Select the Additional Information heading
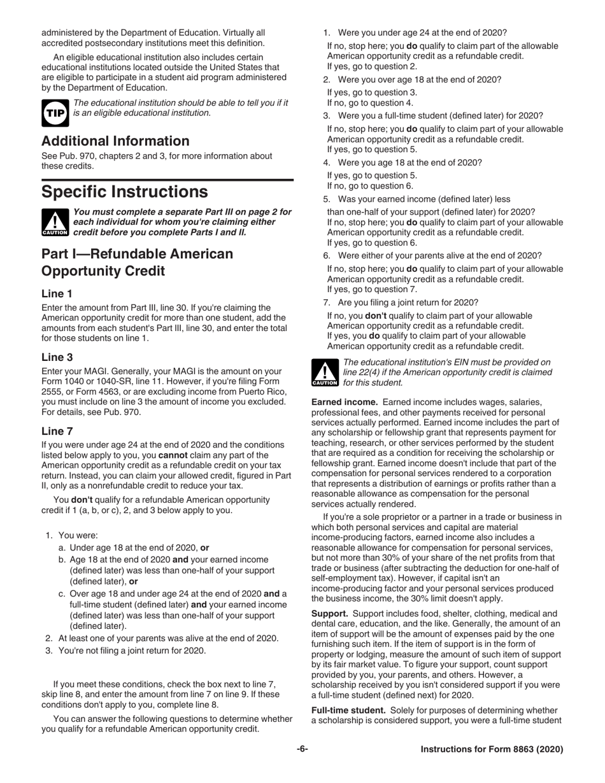(115, 141)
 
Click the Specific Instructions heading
(124, 192)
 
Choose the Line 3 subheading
(57, 357)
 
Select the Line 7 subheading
(57, 431)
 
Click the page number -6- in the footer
(302, 749)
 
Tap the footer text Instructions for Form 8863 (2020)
(492, 749)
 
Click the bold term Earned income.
(345, 402)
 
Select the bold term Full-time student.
(348, 710)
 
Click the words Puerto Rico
(262, 391)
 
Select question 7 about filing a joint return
(408, 302)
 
